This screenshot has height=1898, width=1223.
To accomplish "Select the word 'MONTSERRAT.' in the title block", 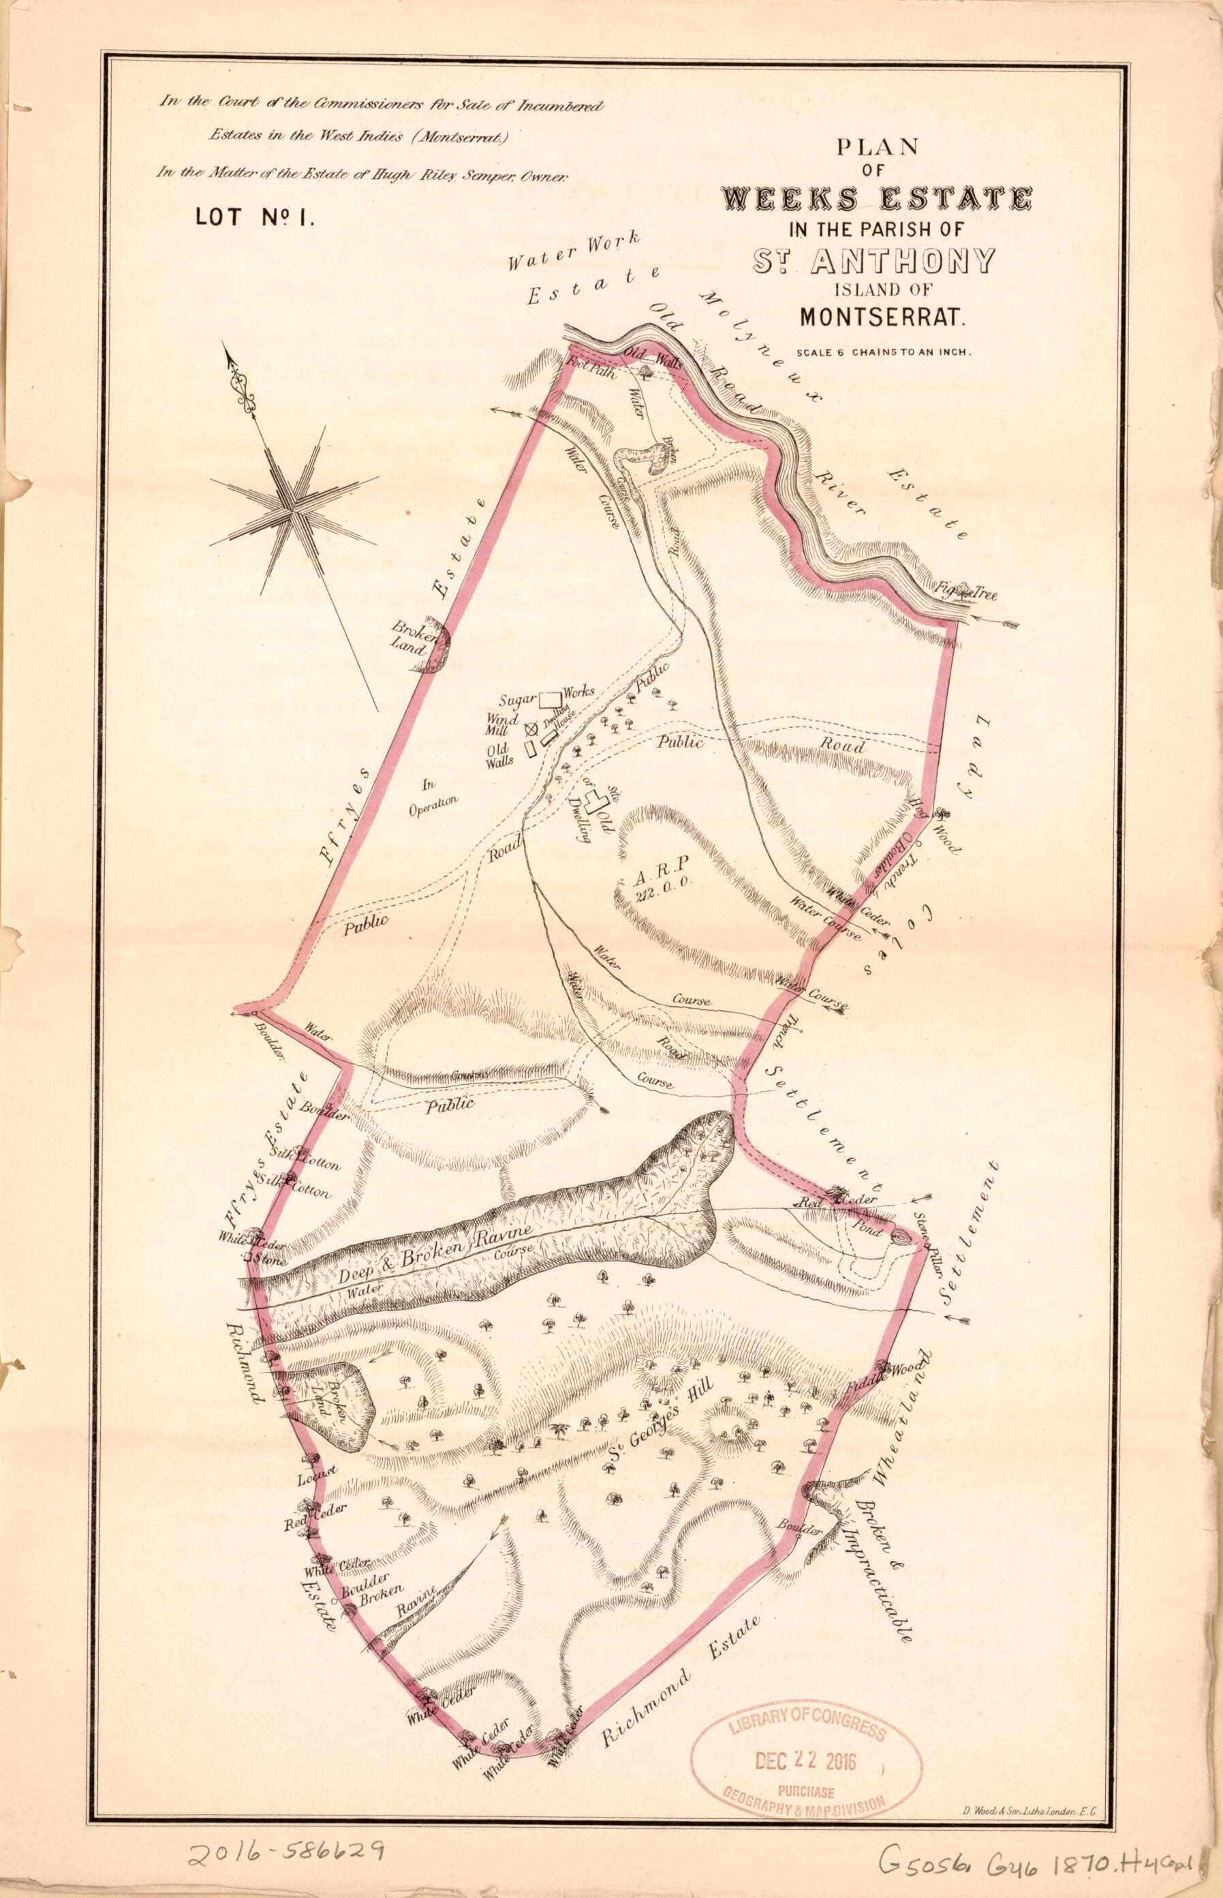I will [882, 317].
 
